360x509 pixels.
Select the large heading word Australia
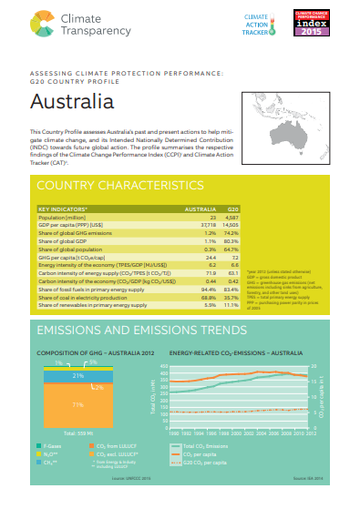coord(70,102)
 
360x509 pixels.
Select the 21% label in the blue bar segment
coord(78,375)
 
